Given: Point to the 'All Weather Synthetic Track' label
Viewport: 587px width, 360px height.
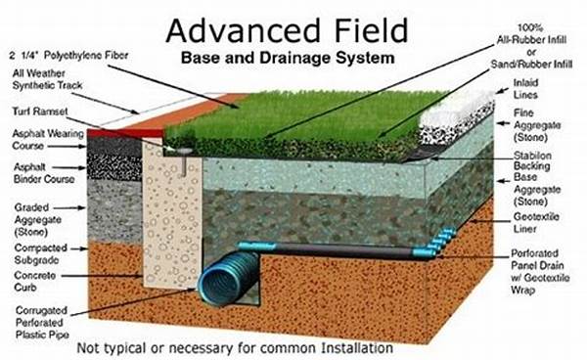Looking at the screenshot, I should click(41, 81).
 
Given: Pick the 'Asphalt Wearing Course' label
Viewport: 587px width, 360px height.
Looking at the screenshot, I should click(36, 140).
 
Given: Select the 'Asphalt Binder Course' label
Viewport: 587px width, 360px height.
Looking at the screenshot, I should click(36, 174).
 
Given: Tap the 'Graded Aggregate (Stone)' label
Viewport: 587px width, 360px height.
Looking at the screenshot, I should click(36, 214).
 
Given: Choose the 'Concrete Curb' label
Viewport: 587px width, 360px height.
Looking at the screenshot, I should click(35, 284).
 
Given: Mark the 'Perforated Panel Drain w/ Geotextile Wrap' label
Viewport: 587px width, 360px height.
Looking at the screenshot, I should click(546, 272).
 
